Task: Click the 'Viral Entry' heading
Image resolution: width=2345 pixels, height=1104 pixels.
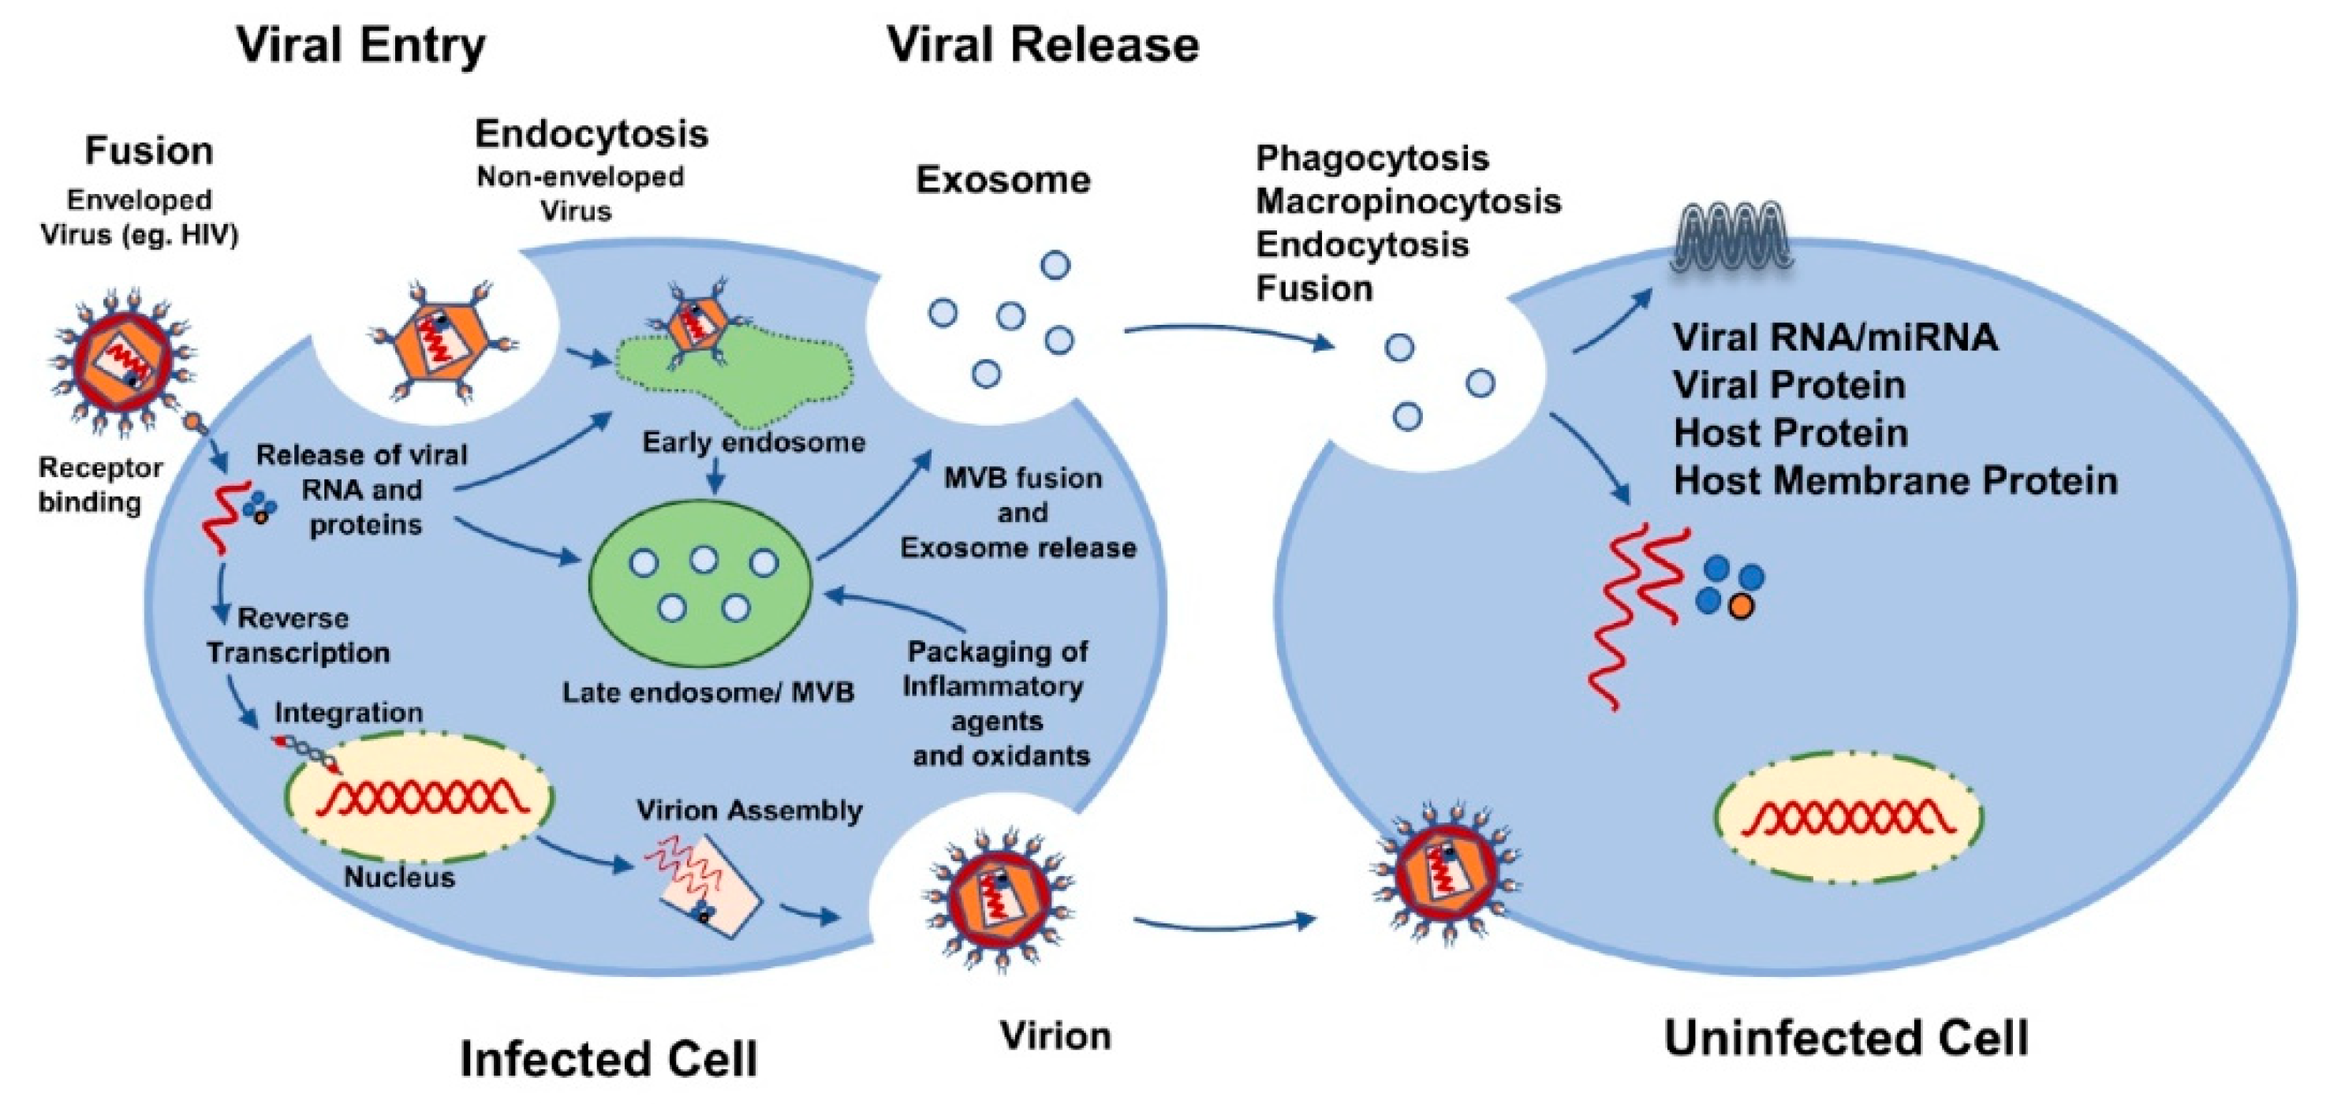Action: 360,46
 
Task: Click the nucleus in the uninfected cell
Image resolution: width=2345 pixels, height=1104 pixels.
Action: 1848,816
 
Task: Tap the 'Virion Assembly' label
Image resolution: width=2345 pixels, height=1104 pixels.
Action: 749,810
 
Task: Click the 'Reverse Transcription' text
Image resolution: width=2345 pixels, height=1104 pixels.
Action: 297,636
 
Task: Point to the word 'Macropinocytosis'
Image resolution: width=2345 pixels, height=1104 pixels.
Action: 1407,201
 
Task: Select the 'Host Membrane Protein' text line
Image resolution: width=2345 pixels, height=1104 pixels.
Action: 1895,480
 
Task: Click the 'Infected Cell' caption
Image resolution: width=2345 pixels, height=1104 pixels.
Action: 608,1058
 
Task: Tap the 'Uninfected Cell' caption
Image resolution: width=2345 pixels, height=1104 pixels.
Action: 1847,1039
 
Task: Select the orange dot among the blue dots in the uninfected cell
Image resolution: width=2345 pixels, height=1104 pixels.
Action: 1741,607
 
